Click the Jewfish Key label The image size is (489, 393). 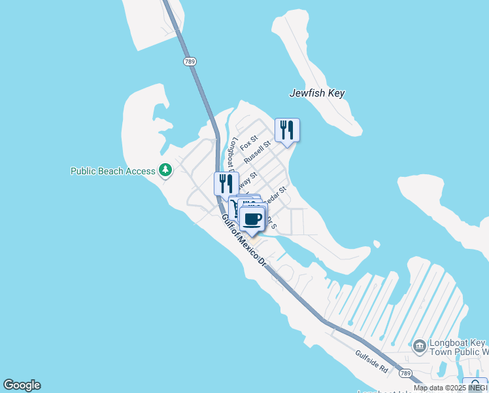[317, 93]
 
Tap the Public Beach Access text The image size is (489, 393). [113, 171]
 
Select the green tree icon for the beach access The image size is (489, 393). [166, 170]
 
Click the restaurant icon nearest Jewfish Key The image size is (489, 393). [287, 130]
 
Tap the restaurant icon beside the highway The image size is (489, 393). [226, 183]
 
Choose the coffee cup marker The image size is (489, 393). [252, 219]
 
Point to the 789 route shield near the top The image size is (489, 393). [189, 62]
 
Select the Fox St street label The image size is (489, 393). [249, 142]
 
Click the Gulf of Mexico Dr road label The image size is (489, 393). [244, 240]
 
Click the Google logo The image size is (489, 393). [22, 385]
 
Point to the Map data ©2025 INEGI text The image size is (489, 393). [450, 388]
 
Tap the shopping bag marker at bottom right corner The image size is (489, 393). [475, 385]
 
